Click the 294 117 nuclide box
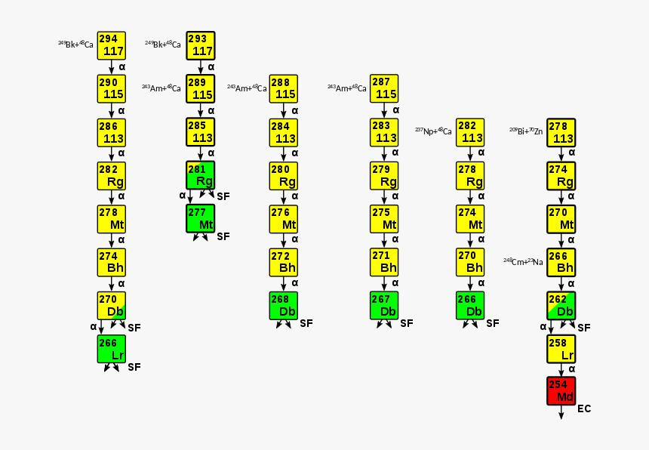tap(111, 45)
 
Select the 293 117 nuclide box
tap(201, 45)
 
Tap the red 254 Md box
tap(561, 391)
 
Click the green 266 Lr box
tap(111, 349)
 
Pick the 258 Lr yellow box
tap(561, 349)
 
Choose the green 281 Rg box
tap(201, 175)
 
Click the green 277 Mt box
tap(201, 218)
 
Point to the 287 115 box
tap(384, 88)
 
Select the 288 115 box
tap(284, 88)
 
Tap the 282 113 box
tap(470, 132)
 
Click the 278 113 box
tap(561, 132)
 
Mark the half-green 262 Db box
tap(561, 305)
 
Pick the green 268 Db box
tap(284, 305)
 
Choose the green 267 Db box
tap(384, 305)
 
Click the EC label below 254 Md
tap(584, 409)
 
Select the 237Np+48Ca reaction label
tap(433, 131)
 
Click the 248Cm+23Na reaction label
tap(523, 262)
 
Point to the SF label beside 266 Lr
tap(134, 368)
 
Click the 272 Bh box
tap(284, 262)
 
